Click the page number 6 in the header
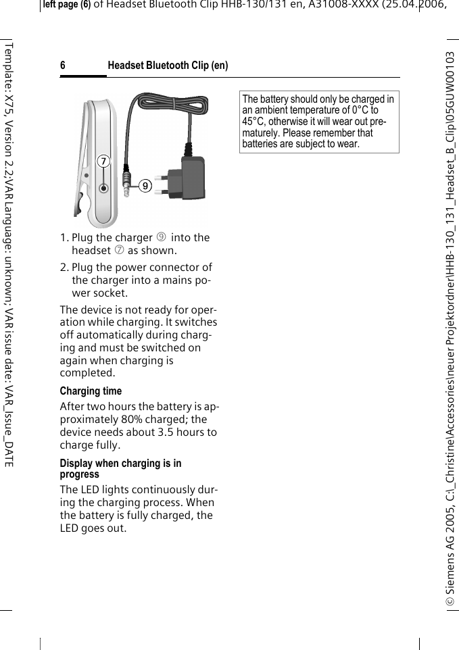[x=63, y=66]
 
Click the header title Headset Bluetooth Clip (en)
[x=168, y=66]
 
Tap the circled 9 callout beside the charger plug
[x=145, y=185]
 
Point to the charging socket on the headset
[x=103, y=189]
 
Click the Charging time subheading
[x=91, y=391]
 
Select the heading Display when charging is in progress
[x=120, y=468]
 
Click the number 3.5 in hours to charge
[x=165, y=432]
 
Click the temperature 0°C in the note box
[x=359, y=110]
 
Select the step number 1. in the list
[x=64, y=238]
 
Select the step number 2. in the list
[x=64, y=268]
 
